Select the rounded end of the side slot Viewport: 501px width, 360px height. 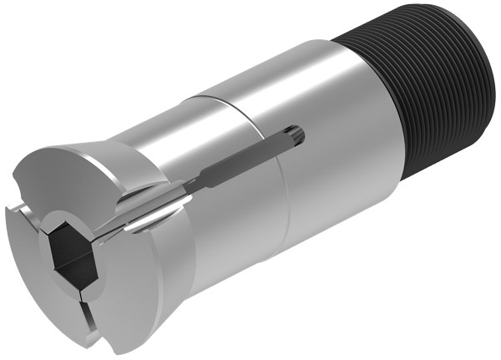(297, 134)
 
